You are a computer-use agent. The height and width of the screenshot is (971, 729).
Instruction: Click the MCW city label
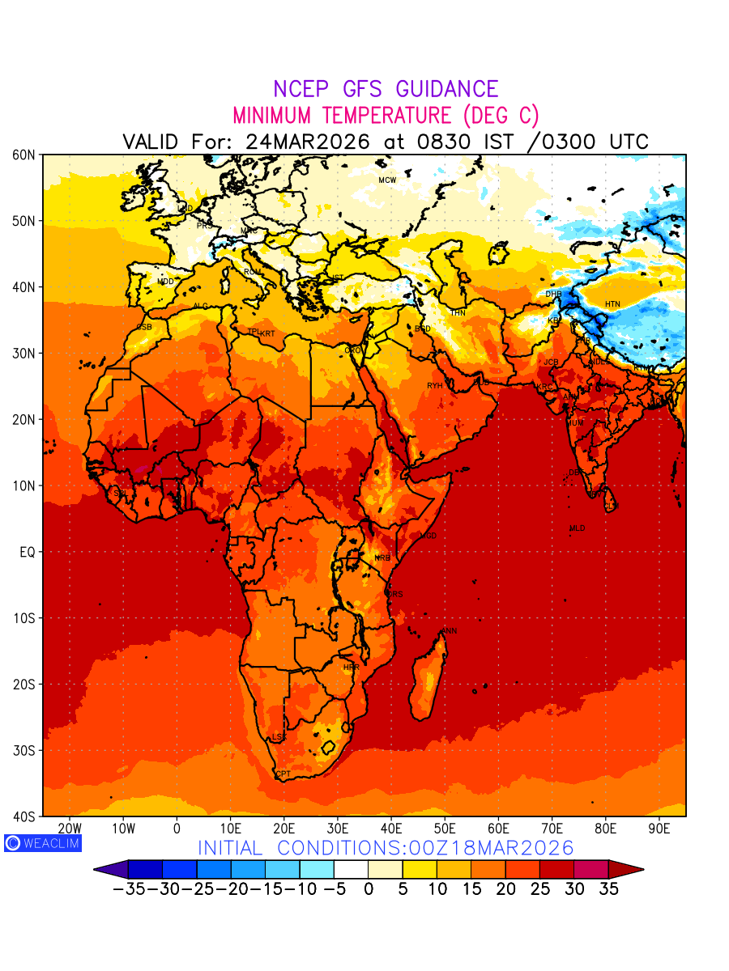click(387, 180)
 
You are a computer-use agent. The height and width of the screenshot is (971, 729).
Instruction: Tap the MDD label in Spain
click(166, 282)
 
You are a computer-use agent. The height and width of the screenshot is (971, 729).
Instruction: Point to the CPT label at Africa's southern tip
click(283, 774)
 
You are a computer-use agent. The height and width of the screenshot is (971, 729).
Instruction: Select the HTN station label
click(612, 304)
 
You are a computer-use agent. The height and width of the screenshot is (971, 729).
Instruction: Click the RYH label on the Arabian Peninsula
click(435, 386)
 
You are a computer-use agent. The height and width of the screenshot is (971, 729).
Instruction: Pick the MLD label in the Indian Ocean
click(577, 528)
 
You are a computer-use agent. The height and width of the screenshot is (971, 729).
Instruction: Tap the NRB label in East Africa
click(382, 558)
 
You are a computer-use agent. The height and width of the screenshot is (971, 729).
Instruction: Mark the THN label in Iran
click(458, 312)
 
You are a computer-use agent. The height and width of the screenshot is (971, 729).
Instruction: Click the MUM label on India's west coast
click(574, 423)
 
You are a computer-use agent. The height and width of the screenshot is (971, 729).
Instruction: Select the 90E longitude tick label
click(659, 829)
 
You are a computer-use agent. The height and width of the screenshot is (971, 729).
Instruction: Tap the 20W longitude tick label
click(70, 829)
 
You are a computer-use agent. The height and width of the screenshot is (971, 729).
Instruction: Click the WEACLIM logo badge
click(43, 843)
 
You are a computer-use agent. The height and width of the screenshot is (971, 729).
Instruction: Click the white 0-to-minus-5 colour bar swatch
click(350, 870)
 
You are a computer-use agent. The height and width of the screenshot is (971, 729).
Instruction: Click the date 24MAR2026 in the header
click(308, 142)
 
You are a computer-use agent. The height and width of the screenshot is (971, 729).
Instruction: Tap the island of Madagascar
click(428, 680)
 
